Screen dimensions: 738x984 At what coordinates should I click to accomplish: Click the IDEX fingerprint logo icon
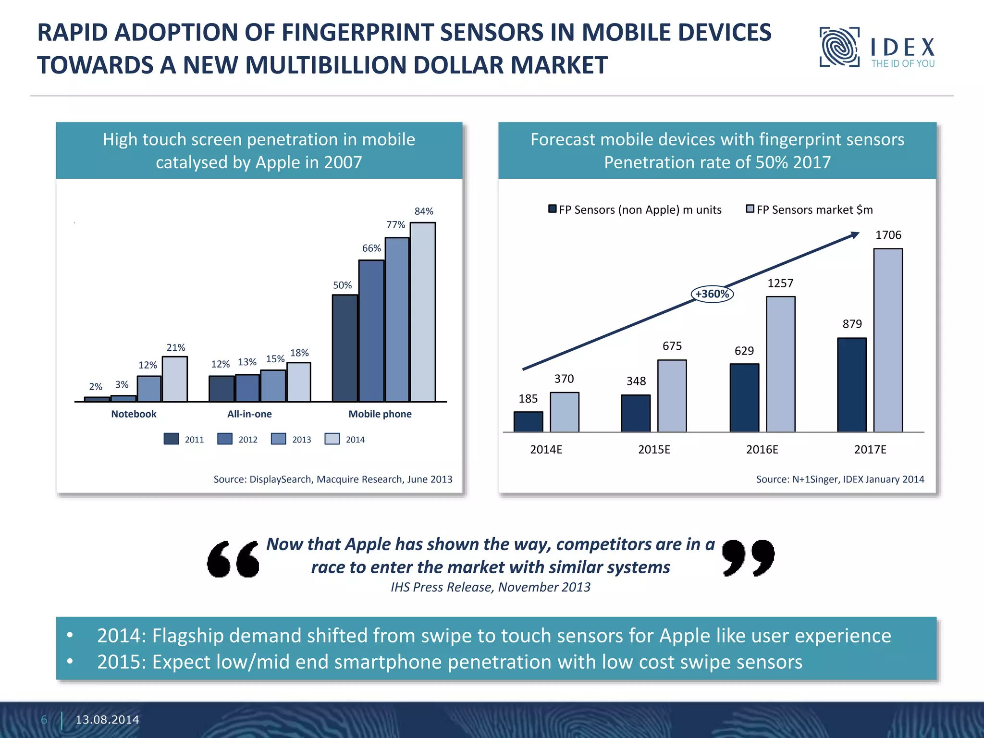pos(839,47)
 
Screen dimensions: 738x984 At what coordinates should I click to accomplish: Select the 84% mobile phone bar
pos(422,312)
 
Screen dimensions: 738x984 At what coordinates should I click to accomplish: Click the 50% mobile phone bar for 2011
pos(344,348)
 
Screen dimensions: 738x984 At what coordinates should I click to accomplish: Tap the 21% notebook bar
pos(175,379)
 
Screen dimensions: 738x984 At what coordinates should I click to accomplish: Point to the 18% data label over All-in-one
pos(299,353)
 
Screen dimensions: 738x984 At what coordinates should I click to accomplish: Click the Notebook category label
pos(134,414)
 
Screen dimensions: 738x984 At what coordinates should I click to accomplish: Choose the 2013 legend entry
pos(291,439)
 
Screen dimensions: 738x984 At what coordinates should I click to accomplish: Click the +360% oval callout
pos(712,294)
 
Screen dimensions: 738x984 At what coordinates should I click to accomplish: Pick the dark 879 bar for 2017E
pos(852,385)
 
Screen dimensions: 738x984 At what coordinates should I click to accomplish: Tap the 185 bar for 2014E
pos(528,422)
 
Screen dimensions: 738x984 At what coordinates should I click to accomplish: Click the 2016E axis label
pos(762,450)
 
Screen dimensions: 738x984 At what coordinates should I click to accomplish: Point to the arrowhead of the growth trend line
pos(855,235)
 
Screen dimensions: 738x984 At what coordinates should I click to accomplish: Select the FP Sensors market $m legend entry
pos(809,210)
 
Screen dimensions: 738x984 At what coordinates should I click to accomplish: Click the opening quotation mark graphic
pos(233,559)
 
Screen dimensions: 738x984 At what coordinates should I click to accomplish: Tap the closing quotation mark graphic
pos(748,557)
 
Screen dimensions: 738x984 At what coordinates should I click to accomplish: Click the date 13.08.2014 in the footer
pos(107,720)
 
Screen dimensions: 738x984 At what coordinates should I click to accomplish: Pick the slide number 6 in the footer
pos(44,720)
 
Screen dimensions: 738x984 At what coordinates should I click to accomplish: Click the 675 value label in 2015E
pos(672,346)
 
